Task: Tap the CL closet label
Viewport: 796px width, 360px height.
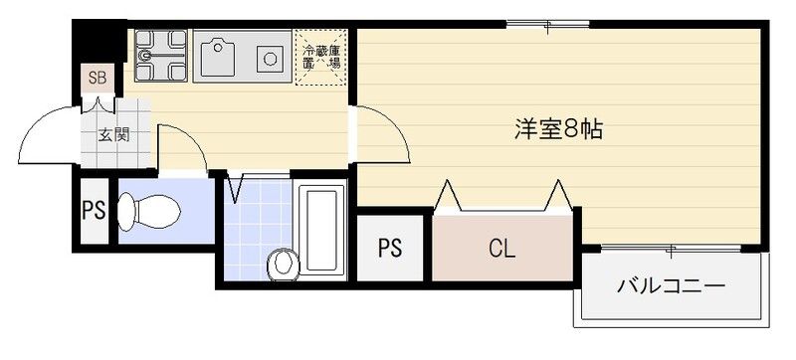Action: coord(501,248)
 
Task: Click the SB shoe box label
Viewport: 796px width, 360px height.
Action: coord(98,77)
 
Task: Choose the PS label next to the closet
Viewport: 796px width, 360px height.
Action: coord(389,248)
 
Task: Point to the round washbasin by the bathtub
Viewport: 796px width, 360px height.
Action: coord(283,264)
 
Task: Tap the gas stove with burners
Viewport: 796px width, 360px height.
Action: coord(160,57)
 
